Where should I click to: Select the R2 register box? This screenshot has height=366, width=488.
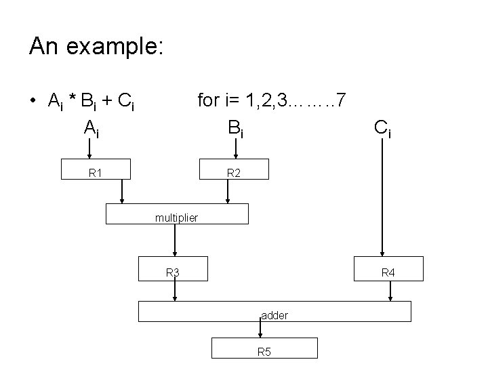(234, 172)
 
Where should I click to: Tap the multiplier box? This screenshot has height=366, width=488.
(177, 215)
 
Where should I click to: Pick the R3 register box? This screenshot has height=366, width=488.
(173, 269)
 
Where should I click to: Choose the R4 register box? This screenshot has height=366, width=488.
(388, 269)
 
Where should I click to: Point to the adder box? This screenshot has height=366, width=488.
(274, 312)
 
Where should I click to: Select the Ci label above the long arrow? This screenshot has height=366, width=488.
(382, 127)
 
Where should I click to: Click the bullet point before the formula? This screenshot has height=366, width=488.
(33, 102)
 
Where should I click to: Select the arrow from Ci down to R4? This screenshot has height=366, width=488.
(382, 197)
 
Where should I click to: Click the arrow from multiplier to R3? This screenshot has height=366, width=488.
(176, 240)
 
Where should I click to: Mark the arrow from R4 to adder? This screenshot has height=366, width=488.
(390, 291)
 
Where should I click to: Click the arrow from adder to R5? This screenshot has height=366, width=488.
(260, 329)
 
